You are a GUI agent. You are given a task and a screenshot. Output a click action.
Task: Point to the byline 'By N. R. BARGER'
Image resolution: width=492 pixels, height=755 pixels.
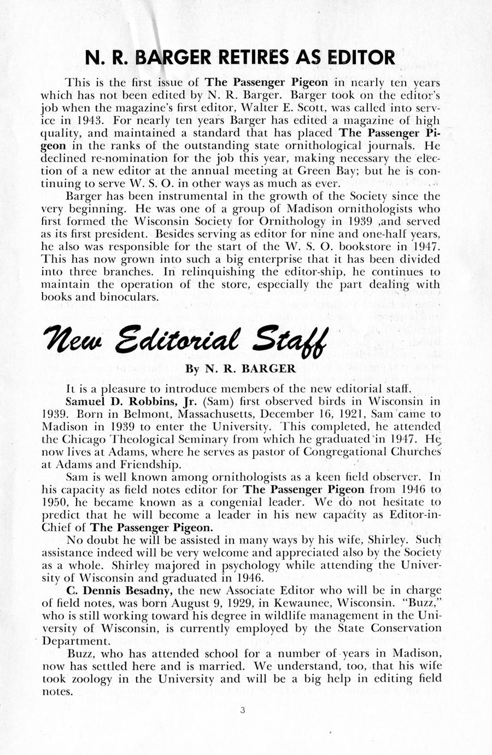(x=241, y=369)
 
